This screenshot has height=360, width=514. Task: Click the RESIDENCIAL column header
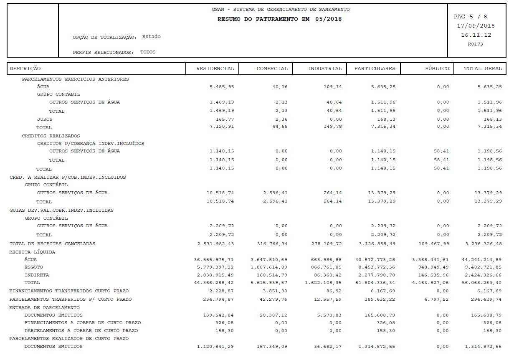point(215,68)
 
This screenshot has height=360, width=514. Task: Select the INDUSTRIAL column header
point(324,68)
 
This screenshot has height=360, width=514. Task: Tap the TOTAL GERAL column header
point(483,68)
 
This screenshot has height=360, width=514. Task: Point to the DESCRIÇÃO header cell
point(25,68)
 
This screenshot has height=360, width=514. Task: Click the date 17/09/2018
point(476,26)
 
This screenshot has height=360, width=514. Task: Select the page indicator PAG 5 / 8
point(470,17)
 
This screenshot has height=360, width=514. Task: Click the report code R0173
point(475,44)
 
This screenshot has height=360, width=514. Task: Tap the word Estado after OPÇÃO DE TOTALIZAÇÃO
point(151,37)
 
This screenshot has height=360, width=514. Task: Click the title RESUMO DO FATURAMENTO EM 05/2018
point(279,19)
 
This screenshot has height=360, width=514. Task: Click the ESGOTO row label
point(33,267)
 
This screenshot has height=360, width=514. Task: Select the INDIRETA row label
point(36,275)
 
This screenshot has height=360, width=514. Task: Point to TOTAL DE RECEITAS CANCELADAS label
point(52,243)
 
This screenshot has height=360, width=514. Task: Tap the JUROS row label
point(45,119)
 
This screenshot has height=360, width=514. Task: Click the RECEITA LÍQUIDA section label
point(32,252)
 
